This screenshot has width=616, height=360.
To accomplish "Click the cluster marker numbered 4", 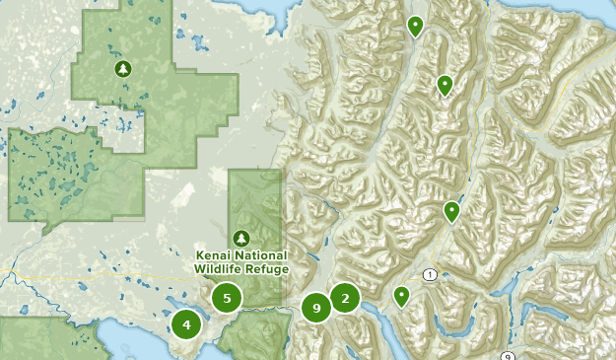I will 186,323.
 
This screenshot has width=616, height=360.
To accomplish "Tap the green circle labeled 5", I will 227,297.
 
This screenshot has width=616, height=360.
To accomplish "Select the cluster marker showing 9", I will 316,309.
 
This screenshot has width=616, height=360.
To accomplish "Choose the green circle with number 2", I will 345,298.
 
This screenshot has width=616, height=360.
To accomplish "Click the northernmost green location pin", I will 415,27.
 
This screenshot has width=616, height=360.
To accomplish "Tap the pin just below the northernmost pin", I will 445,86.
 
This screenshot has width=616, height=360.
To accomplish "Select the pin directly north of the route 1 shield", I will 451,211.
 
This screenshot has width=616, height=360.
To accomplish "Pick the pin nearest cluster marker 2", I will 401,296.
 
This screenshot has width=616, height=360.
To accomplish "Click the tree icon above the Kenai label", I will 241,238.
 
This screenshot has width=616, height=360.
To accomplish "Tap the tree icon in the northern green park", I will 122,68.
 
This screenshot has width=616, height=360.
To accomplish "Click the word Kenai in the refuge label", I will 212,255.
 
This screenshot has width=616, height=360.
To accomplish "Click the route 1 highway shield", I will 430,273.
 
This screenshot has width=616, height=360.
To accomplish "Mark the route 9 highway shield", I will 507,356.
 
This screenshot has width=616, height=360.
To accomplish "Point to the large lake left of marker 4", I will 138,340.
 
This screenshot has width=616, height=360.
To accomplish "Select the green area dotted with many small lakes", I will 59,173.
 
